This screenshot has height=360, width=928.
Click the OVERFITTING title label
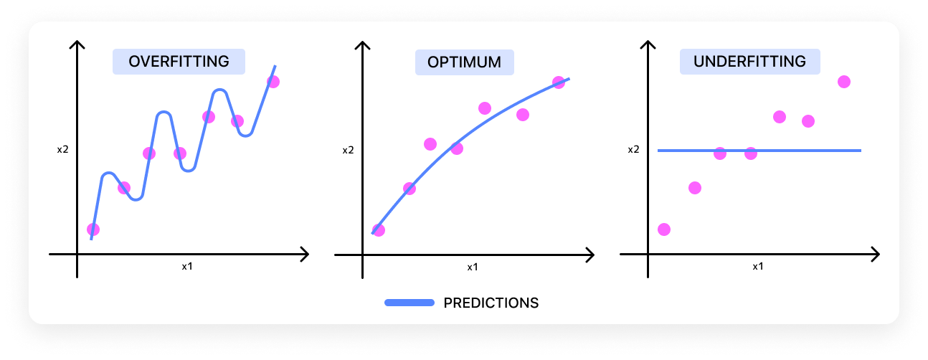coord(179,62)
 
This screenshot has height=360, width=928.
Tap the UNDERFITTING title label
coord(749,62)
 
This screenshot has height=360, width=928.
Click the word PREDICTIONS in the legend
coord(491,303)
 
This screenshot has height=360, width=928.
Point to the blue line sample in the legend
coord(409,303)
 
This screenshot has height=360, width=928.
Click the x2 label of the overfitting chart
coord(63,151)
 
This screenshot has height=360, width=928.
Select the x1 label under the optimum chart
coord(473,267)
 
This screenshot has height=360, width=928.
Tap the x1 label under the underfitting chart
coord(757,266)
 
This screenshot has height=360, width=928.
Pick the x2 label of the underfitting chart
coord(633,150)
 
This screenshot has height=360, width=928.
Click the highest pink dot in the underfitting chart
coord(844,82)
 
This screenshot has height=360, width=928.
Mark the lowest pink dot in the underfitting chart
coord(664,229)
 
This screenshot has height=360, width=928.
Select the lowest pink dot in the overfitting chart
coord(93,229)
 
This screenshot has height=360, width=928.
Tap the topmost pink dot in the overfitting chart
coord(273,82)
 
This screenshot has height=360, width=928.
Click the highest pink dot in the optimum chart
coord(559,82)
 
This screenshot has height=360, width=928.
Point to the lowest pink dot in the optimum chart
coord(379,230)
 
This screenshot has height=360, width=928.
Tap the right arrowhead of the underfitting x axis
coord(875,254)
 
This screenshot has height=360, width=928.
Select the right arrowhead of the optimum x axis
coord(590,254)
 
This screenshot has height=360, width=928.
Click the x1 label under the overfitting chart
coord(187,266)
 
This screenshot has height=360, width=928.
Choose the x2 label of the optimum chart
coord(348,151)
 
